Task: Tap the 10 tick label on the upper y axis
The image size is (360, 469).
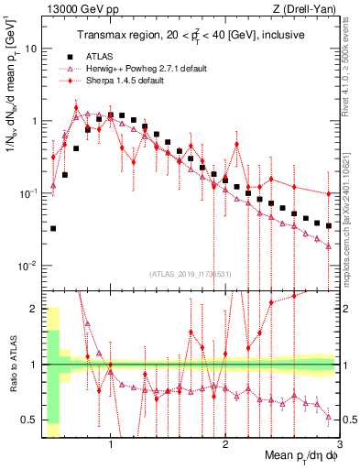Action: click(33, 49)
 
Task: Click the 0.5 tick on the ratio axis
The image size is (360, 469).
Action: click(33, 420)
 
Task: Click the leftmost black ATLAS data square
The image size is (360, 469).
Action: click(53, 228)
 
